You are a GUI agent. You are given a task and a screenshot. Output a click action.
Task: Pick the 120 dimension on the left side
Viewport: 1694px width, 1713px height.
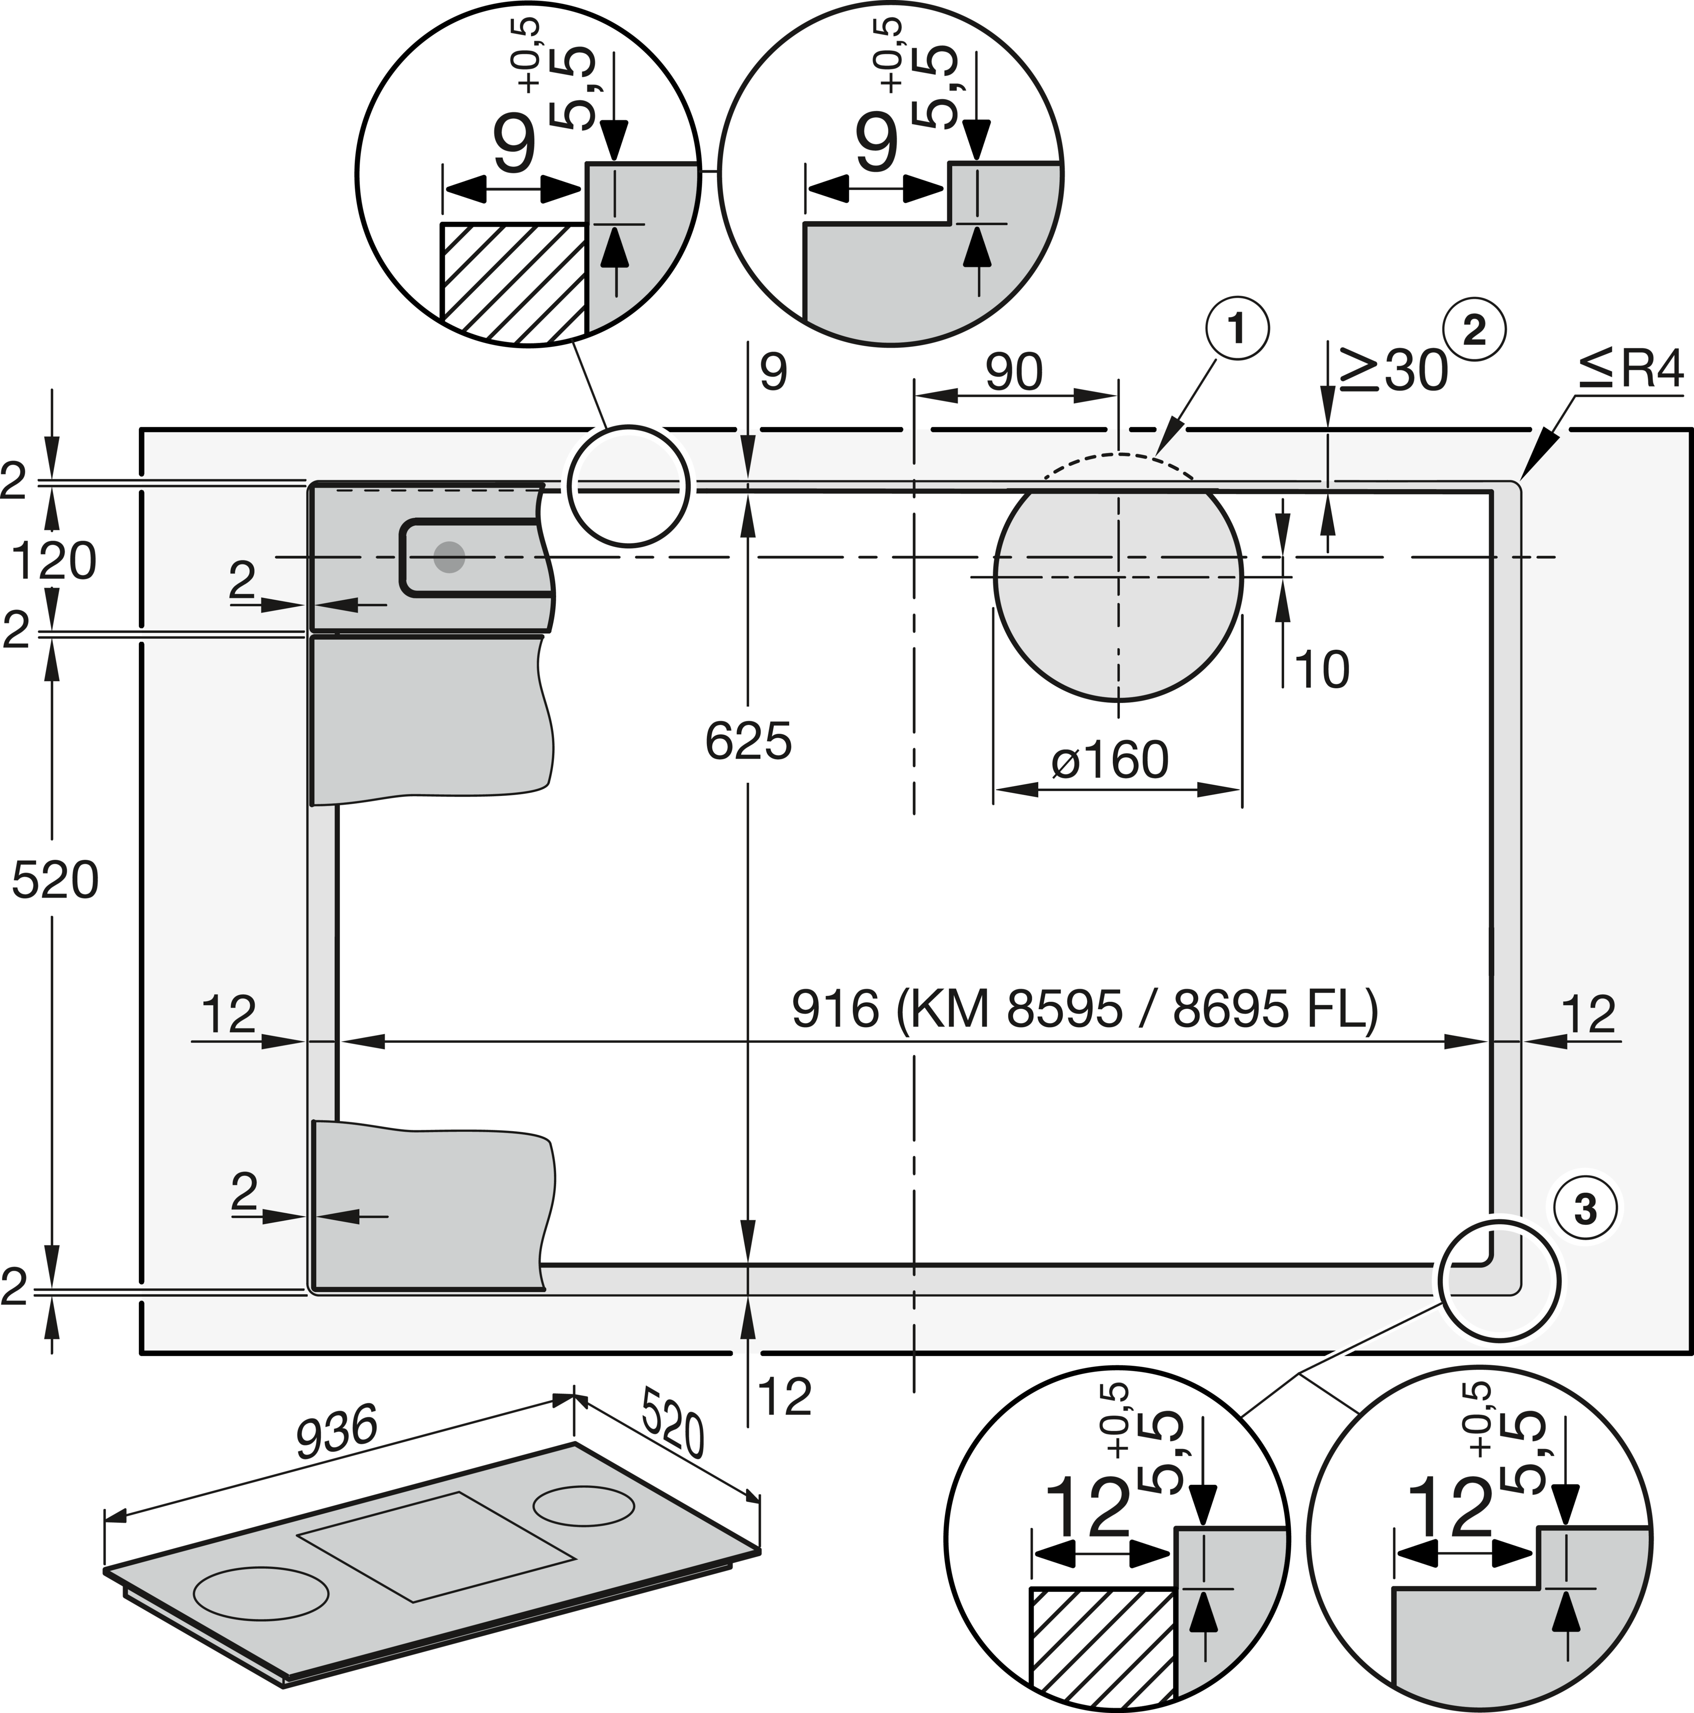coord(54,561)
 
